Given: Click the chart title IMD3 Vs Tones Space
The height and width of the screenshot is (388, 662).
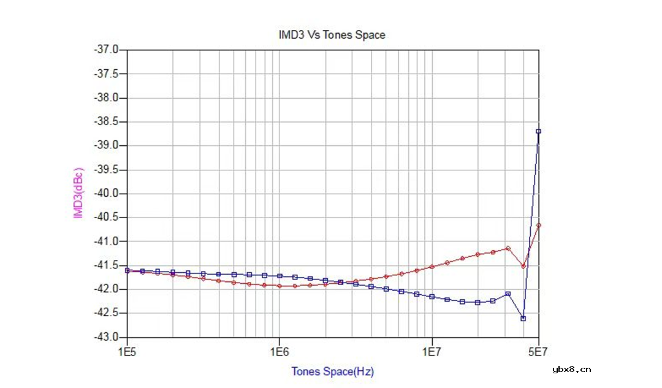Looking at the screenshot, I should pyautogui.click(x=332, y=35).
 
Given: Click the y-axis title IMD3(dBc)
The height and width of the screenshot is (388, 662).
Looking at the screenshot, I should pyautogui.click(x=78, y=192).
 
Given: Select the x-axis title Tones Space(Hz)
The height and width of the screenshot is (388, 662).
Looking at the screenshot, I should pyautogui.click(x=332, y=371).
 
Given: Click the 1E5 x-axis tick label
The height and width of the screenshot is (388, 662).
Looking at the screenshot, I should pyautogui.click(x=127, y=352).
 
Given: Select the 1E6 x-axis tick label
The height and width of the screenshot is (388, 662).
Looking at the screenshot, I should pyautogui.click(x=280, y=352).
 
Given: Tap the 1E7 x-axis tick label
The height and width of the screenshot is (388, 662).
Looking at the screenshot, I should pyautogui.click(x=432, y=352).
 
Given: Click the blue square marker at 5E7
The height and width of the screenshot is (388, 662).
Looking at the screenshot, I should pyautogui.click(x=539, y=131).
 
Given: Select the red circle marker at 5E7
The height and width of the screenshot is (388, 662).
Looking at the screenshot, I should pyautogui.click(x=539, y=225).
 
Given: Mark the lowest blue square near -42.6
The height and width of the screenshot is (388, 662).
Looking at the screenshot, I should pyautogui.click(x=523, y=318).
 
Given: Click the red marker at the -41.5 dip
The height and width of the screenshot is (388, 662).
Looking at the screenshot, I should pyautogui.click(x=523, y=266).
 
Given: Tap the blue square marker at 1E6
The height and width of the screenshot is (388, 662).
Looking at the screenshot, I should pyautogui.click(x=280, y=276).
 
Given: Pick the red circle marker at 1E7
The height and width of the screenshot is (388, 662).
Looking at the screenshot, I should pyautogui.click(x=432, y=267).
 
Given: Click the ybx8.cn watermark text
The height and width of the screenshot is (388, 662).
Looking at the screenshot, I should pyautogui.click(x=571, y=369).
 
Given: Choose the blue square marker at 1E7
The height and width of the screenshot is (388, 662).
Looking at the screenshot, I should pyautogui.click(x=432, y=297).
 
